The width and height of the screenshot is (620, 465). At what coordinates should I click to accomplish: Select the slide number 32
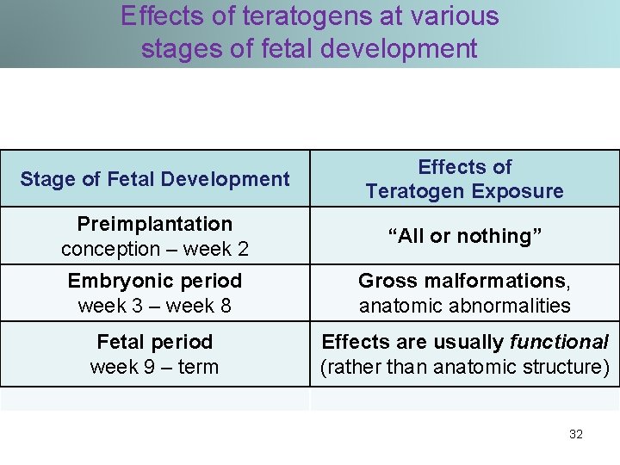[x=576, y=434]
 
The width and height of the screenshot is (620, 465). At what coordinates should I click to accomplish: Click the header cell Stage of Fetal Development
[x=155, y=179]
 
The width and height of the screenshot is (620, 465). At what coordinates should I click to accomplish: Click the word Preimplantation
[x=155, y=224]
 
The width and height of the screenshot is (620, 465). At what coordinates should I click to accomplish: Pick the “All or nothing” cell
[x=464, y=236]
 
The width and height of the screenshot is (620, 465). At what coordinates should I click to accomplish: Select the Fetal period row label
[x=155, y=342]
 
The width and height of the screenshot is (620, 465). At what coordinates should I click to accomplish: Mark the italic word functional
[x=559, y=342]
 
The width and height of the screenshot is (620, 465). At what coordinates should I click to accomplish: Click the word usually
[x=473, y=342]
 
